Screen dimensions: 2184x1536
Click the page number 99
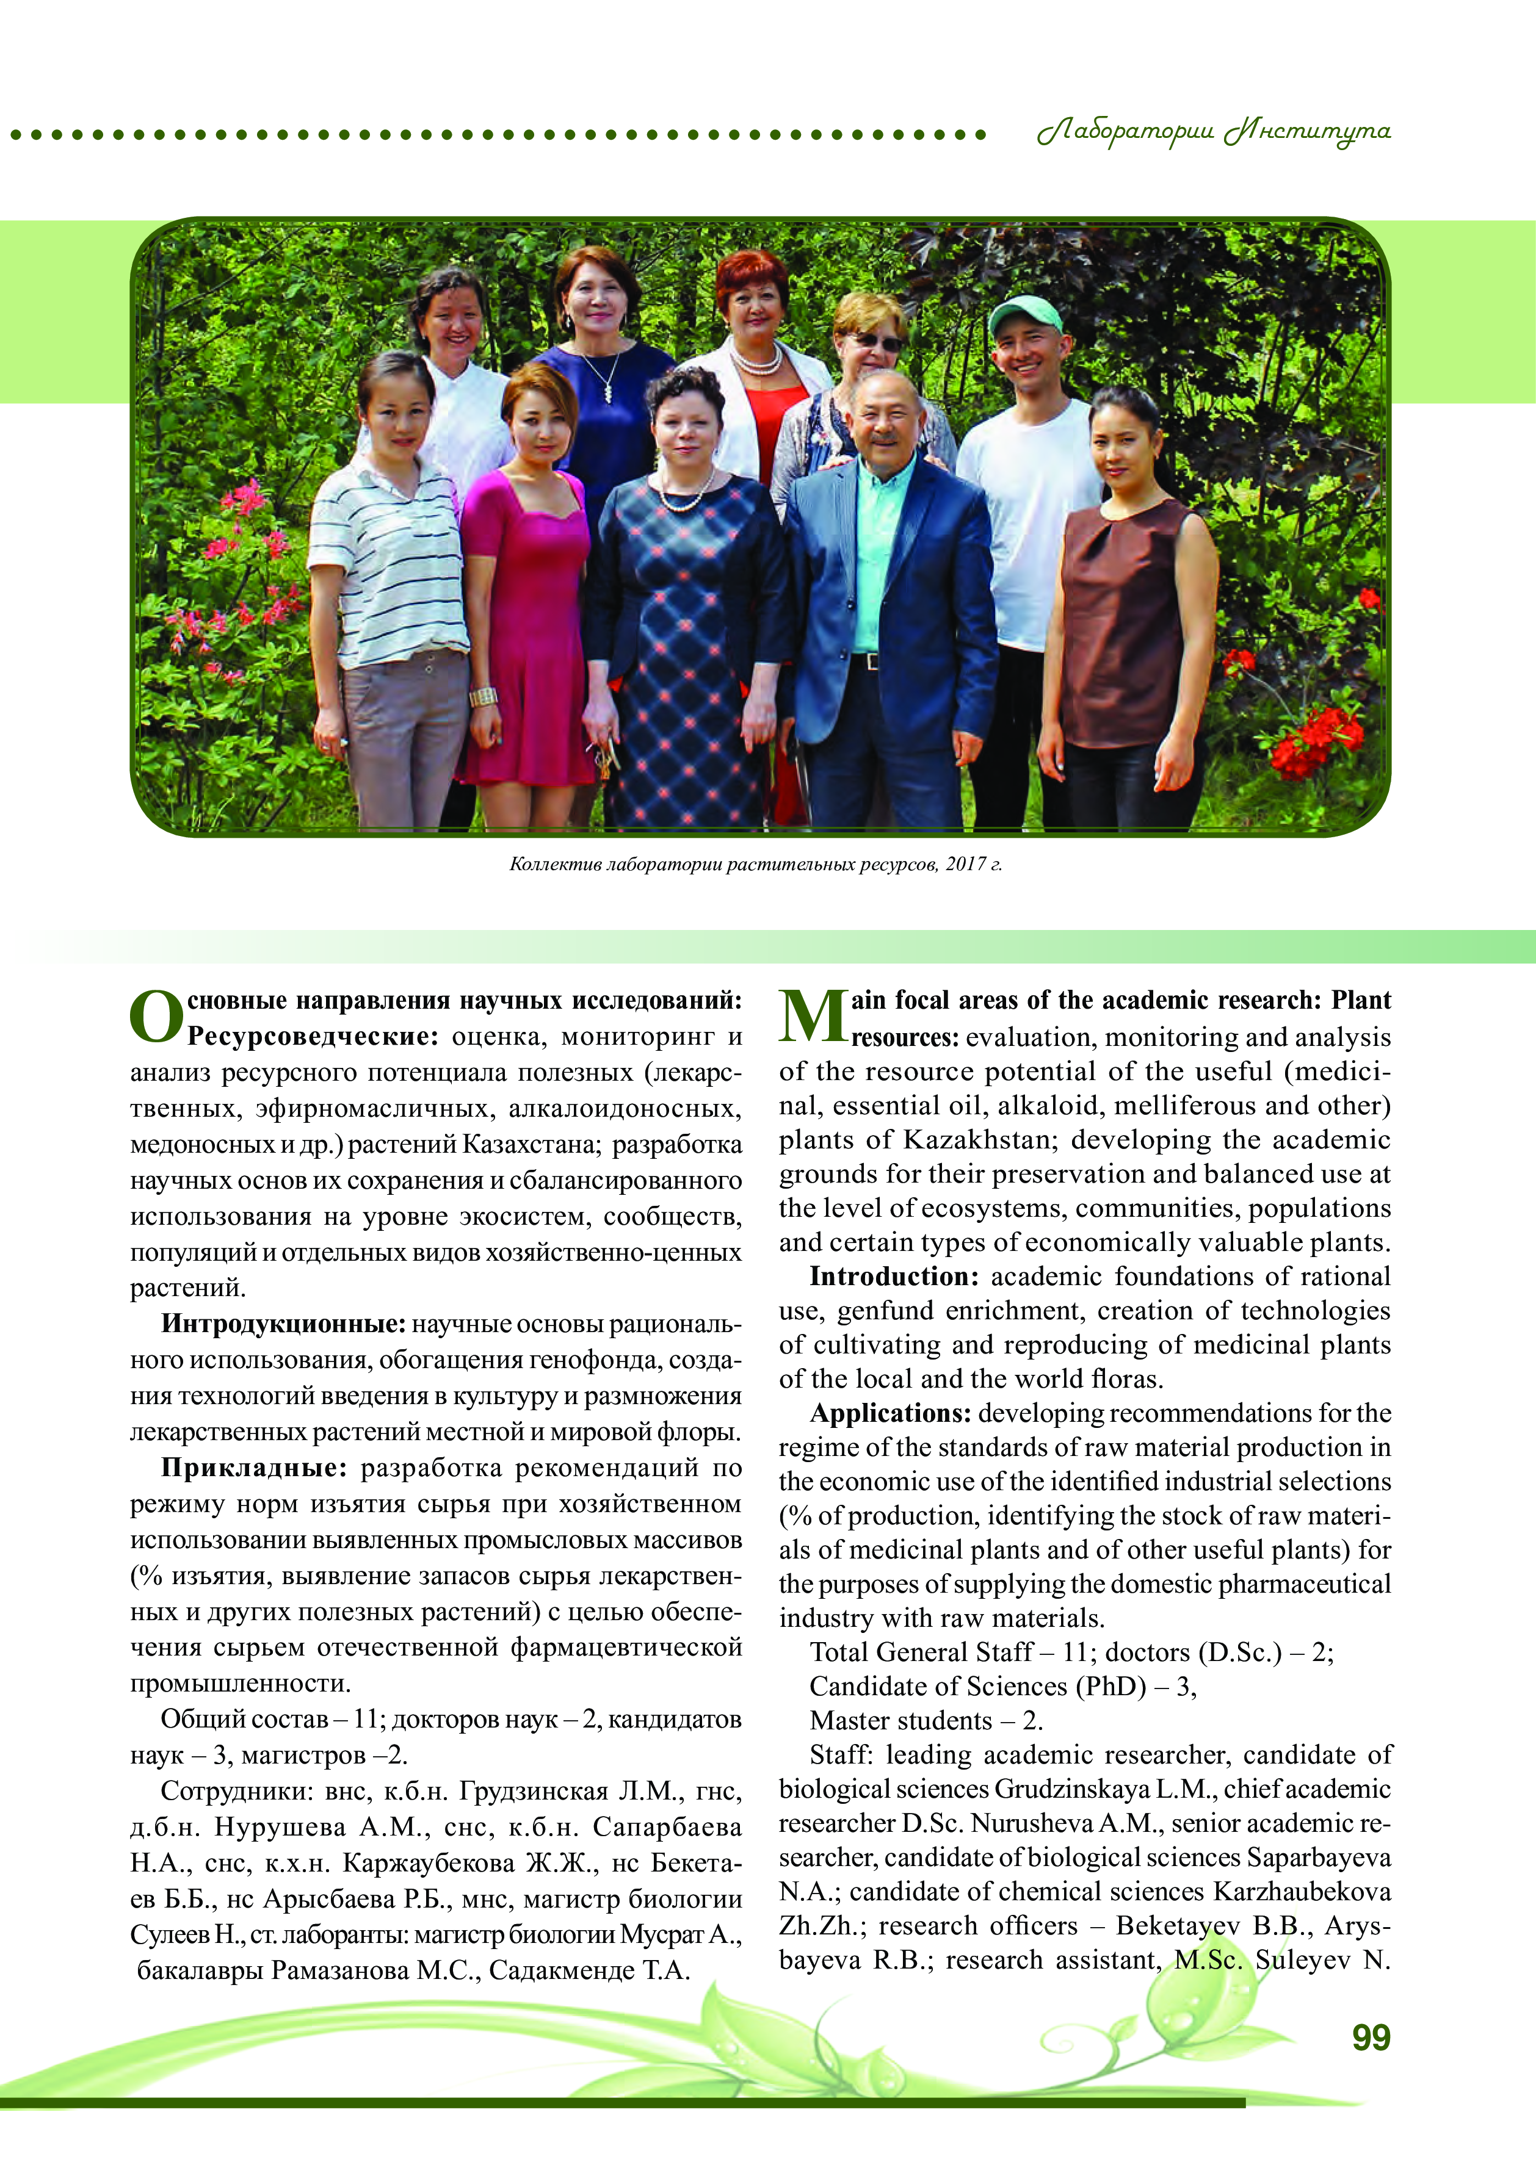[1371, 2036]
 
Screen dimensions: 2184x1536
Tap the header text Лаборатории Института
[1214, 131]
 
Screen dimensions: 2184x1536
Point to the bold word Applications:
[890, 1413]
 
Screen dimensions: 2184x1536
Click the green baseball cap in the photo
[1025, 312]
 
